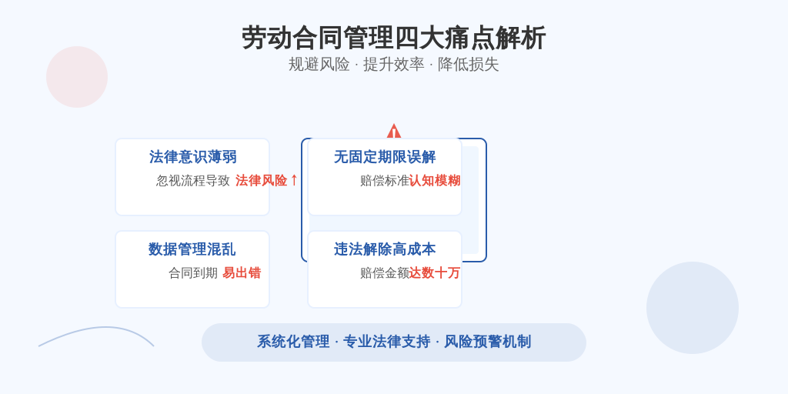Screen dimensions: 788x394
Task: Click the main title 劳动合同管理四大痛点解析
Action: coord(393,38)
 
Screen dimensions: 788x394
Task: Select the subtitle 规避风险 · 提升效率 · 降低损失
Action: coord(393,65)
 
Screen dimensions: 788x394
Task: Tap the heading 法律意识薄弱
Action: coord(192,157)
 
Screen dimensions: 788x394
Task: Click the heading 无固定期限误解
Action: coord(385,157)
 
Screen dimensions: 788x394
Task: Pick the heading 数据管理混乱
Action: coord(192,249)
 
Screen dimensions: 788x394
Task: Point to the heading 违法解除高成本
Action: coord(385,249)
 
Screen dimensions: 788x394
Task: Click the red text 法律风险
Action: coord(262,180)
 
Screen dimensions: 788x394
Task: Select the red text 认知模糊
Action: coord(435,180)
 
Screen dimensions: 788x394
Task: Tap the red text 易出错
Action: coord(242,273)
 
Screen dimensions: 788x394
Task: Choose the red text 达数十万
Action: coord(435,273)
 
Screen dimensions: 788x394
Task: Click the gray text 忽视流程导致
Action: coord(193,180)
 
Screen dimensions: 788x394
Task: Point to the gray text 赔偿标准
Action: coord(385,180)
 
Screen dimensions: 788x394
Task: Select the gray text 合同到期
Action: coord(193,273)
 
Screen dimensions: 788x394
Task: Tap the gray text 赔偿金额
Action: coord(385,273)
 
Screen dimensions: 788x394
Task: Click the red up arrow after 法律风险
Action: coord(294,180)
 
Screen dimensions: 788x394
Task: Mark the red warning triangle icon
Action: coord(394,132)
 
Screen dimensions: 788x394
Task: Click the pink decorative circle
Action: coord(77,77)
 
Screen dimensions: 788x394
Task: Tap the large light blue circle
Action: coord(693,308)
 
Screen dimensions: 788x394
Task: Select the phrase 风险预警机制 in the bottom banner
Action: coord(487,342)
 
